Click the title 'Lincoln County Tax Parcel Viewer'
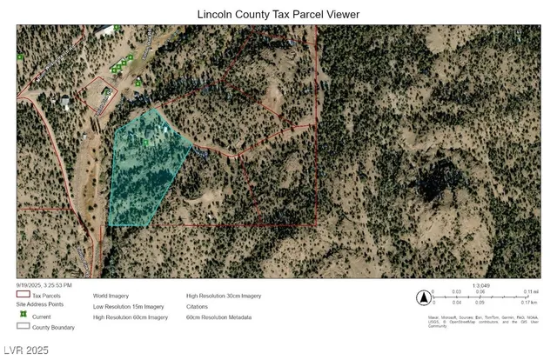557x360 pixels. [x=278, y=14]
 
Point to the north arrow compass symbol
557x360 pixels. [x=422, y=298]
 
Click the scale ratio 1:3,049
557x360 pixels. [x=480, y=284]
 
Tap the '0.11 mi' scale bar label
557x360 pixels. [x=532, y=292]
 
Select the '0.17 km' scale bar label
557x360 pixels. [x=532, y=303]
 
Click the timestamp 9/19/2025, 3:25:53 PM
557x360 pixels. [x=44, y=284]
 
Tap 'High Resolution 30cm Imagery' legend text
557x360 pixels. [x=224, y=297]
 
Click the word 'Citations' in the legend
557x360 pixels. [x=198, y=307]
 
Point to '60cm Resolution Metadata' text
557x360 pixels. [x=218, y=317]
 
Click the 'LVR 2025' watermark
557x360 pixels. [x=25, y=350]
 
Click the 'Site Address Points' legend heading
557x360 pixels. [x=41, y=305]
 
